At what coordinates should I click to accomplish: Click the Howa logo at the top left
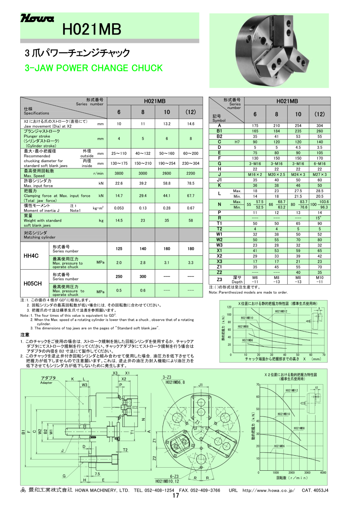pos(37,19)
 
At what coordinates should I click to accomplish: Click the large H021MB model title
pos(92,29)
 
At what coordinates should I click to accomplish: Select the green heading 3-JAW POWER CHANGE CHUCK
pos(94,68)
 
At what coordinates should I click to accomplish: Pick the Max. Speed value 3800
pos(119,174)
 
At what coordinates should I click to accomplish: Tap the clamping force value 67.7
pos(190,196)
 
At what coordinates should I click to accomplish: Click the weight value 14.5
pos(119,220)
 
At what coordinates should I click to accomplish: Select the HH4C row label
pos(31,256)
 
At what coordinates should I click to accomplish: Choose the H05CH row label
pos(33,283)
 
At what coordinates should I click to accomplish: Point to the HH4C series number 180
pos(190,249)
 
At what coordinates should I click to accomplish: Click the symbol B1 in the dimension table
pos(219,131)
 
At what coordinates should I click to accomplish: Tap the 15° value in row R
pos(320,218)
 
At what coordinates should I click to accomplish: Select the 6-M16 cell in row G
pos(320,164)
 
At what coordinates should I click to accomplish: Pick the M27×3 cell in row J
pos(320,174)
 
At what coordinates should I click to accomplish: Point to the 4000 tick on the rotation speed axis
pos(323,473)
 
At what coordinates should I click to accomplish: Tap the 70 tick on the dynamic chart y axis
pos(257,384)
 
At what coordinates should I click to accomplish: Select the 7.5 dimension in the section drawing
pos(97,474)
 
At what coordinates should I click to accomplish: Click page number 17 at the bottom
pos(176,496)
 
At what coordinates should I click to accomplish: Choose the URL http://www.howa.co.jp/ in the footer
pos(269,490)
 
